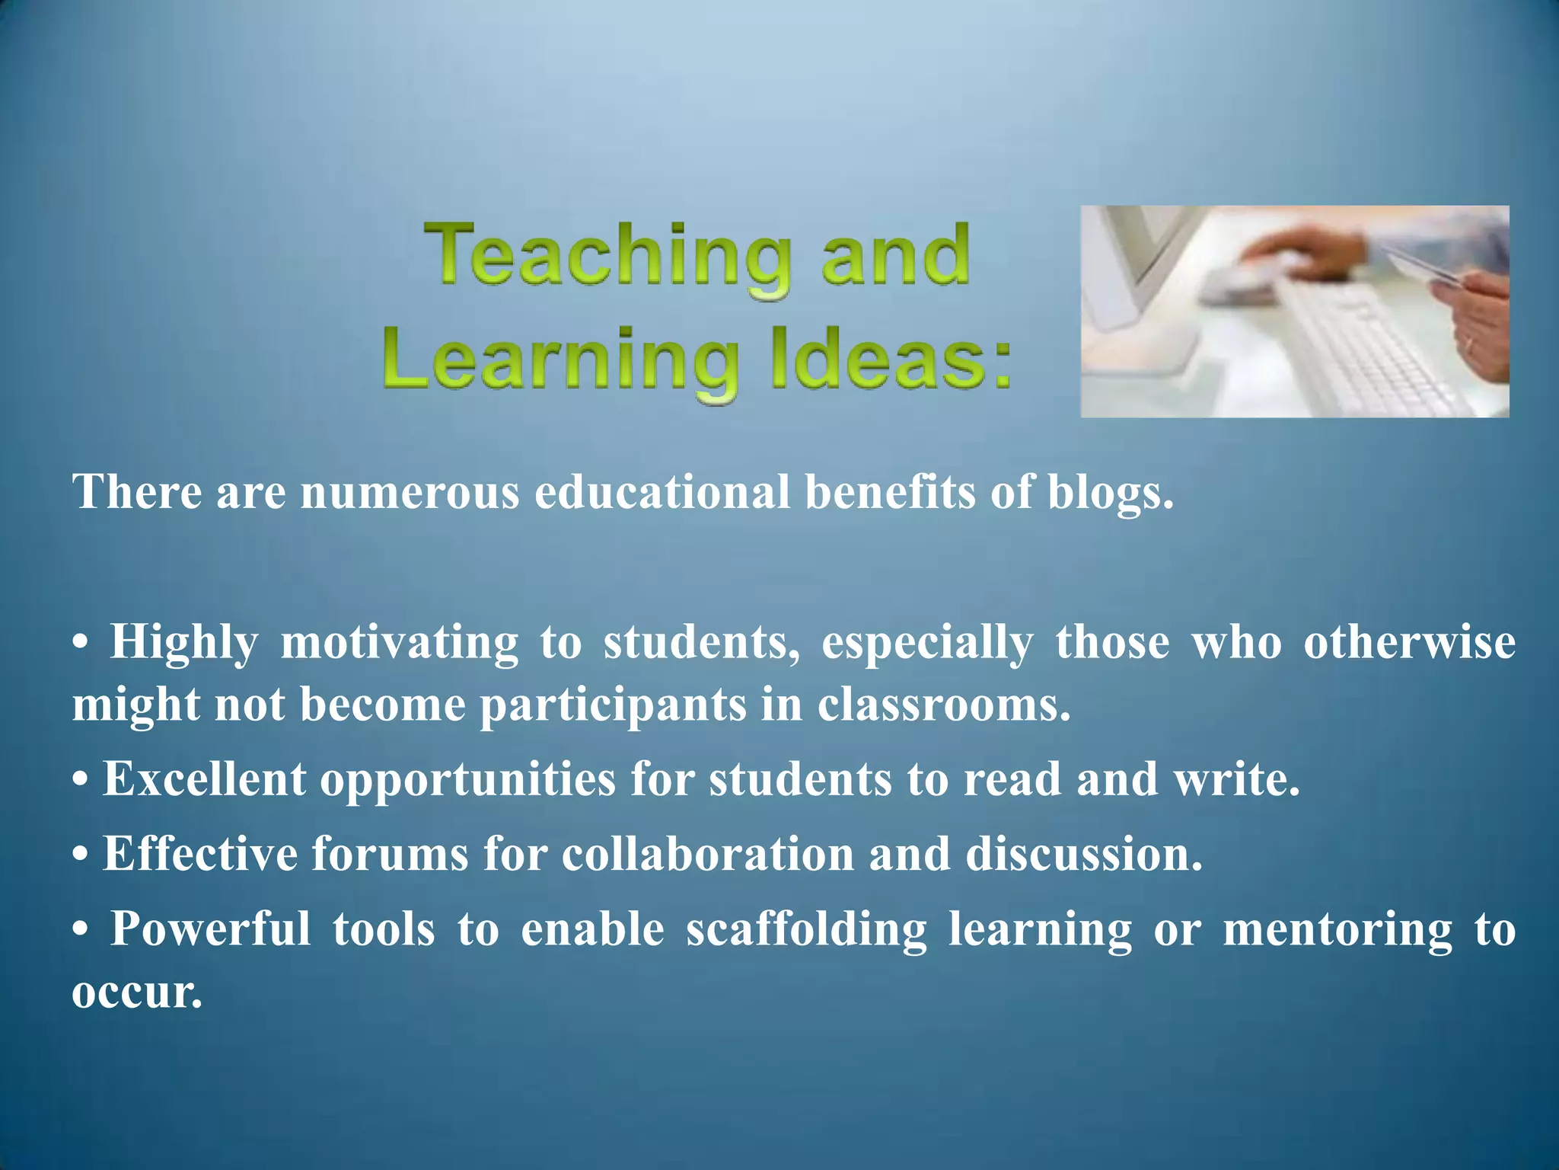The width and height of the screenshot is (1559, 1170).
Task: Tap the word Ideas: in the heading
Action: [x=891, y=362]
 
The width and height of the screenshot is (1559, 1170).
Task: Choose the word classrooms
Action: [x=944, y=705]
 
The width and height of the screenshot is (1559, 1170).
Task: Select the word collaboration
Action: [x=708, y=855]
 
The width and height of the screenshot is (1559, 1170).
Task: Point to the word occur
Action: [x=137, y=993]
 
